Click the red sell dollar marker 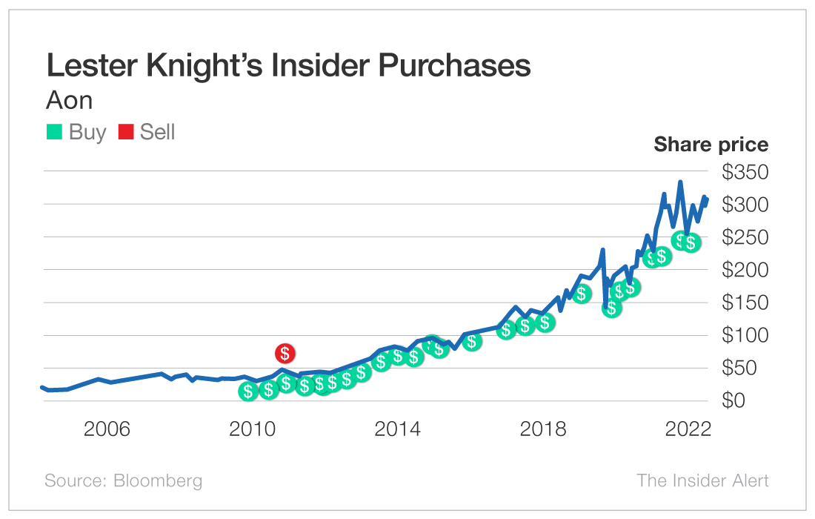point(285,354)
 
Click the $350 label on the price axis point(745,173)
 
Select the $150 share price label point(745,303)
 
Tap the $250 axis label point(745,238)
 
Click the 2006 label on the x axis point(107,430)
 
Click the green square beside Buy point(54,132)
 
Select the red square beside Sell point(126,132)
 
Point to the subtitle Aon point(70,99)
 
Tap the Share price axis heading point(711,145)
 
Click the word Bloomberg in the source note point(158,480)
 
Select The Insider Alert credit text point(702,480)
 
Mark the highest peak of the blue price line point(680,182)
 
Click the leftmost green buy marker point(248,391)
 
